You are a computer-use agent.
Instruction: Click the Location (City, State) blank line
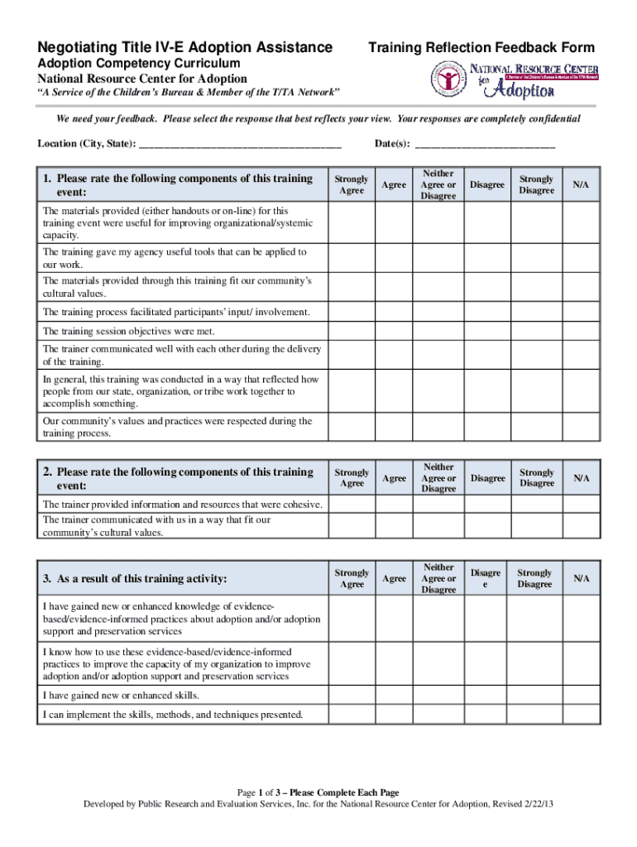pos(240,145)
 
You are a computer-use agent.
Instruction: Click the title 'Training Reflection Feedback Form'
pos(481,47)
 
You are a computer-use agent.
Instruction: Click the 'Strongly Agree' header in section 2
pos(352,478)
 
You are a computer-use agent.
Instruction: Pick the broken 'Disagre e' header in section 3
pos(486,578)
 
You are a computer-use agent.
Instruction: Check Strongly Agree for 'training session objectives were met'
pos(352,332)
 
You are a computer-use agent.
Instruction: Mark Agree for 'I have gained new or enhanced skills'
pos(394,695)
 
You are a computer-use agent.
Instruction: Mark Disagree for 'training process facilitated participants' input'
pos(486,312)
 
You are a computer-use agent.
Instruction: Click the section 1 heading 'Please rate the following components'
pos(178,184)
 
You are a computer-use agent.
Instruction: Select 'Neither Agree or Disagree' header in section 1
pos(438,185)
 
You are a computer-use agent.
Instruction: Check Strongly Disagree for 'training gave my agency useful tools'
pos(536,258)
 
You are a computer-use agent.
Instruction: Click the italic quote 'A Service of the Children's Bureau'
pos(189,93)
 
